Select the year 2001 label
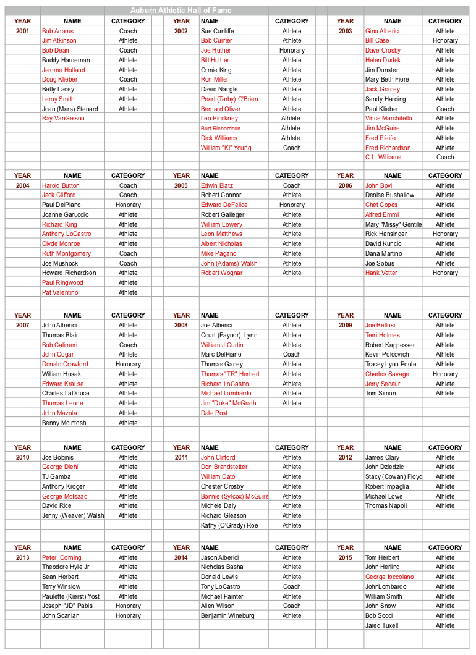click(22, 31)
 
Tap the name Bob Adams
click(57, 31)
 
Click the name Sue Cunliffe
click(217, 31)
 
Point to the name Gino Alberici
click(382, 31)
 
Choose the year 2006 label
click(345, 185)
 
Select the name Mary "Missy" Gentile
click(393, 224)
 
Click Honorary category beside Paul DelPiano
click(128, 205)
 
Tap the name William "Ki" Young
click(226, 148)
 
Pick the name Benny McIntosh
click(64, 423)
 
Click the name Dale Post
click(214, 413)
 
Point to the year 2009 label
click(345, 325)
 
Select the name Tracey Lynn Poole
click(391, 364)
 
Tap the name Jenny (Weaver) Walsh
click(73, 515)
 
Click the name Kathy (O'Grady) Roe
click(229, 525)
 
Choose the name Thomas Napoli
click(386, 505)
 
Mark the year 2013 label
click(22, 557)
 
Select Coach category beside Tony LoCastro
click(292, 586)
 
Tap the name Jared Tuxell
click(381, 625)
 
